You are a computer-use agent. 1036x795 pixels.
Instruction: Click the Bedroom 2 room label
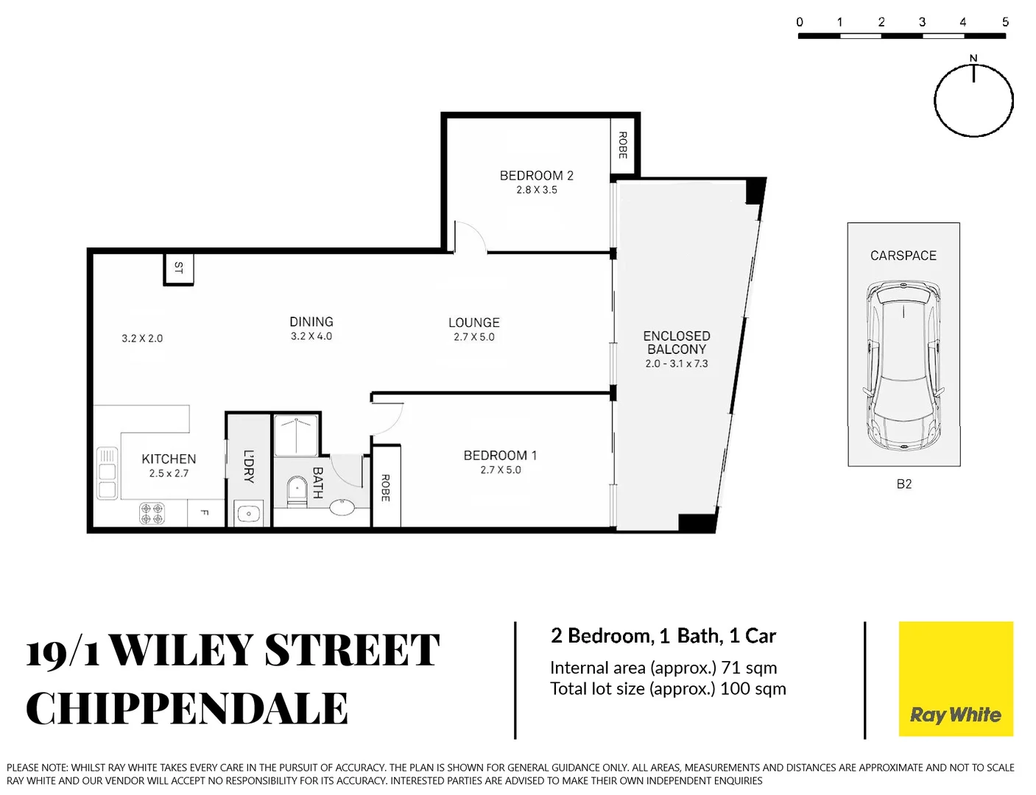point(536,175)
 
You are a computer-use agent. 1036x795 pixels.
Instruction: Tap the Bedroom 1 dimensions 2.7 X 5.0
point(501,470)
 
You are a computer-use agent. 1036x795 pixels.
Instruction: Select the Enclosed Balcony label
point(676,342)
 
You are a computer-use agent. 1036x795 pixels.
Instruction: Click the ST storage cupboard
point(178,269)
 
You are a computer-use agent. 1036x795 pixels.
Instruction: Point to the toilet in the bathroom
point(297,490)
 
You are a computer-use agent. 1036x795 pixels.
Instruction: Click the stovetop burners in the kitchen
point(152,513)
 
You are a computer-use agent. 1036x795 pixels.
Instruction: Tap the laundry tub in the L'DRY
point(249,513)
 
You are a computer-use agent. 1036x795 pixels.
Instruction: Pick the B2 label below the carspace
point(903,484)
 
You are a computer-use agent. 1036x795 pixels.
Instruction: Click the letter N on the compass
point(973,58)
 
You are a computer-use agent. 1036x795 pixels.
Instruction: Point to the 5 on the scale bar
point(1005,22)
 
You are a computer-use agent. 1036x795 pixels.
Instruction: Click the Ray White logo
point(956,679)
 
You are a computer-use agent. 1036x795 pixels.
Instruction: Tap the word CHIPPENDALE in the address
point(187,709)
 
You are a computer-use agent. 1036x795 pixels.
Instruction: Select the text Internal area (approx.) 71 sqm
point(663,668)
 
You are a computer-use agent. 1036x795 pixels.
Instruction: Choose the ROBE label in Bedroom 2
point(623,145)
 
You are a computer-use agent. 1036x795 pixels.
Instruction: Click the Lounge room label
point(473,322)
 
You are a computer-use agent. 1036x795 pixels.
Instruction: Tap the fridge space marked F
point(205,512)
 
